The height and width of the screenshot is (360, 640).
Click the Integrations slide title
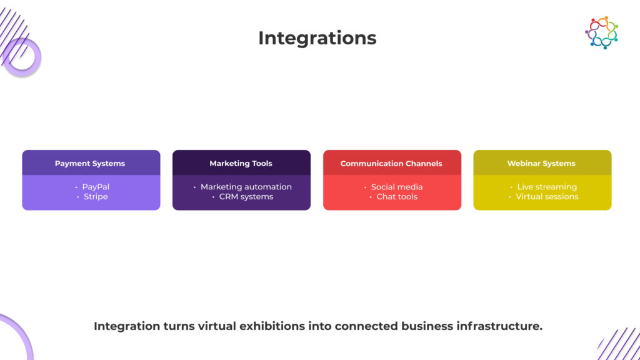pyautogui.click(x=317, y=38)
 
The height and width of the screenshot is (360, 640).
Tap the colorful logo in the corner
pyautogui.click(x=601, y=32)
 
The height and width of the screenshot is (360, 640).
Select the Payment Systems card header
pyautogui.click(x=91, y=163)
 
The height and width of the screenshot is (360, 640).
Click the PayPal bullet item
pyautogui.click(x=96, y=187)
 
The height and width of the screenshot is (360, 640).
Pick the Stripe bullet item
pyautogui.click(x=96, y=197)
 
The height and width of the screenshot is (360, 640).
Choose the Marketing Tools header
pyautogui.click(x=241, y=163)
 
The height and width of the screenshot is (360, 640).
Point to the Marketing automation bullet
pyautogui.click(x=246, y=187)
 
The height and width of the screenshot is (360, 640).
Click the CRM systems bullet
pyautogui.click(x=246, y=197)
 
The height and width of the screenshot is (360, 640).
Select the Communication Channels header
pyautogui.click(x=391, y=163)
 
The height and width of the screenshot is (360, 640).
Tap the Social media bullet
pyautogui.click(x=397, y=187)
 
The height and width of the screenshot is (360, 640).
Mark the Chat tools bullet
pyautogui.click(x=397, y=197)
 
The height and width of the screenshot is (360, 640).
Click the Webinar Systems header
pyautogui.click(x=542, y=163)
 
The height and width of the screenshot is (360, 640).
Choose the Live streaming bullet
pyautogui.click(x=547, y=187)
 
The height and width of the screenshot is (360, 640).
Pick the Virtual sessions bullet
pyautogui.click(x=547, y=197)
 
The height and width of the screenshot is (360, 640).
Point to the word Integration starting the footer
pyautogui.click(x=127, y=326)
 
